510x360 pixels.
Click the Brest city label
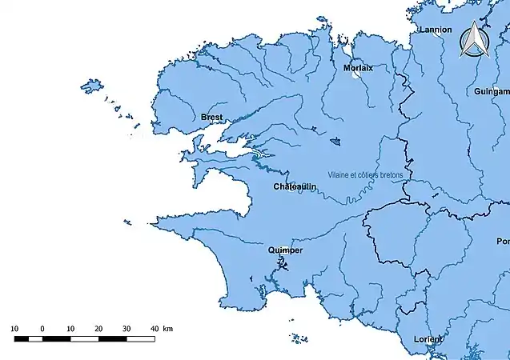[212, 117]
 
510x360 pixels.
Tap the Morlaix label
[358, 68]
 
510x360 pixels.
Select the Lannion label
[431, 30]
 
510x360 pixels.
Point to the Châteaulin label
[295, 186]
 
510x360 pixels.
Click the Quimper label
[286, 250]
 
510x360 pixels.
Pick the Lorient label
[428, 339]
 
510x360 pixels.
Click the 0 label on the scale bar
[42, 329]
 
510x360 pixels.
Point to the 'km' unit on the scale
[167, 329]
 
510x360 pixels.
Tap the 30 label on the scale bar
[126, 329]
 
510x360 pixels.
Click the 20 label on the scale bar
[98, 329]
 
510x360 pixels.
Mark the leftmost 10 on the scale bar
[15, 329]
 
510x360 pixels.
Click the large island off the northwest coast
[92, 85]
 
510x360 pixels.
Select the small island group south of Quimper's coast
[299, 339]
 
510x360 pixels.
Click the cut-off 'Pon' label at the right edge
[503, 241]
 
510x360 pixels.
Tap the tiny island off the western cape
[125, 222]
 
